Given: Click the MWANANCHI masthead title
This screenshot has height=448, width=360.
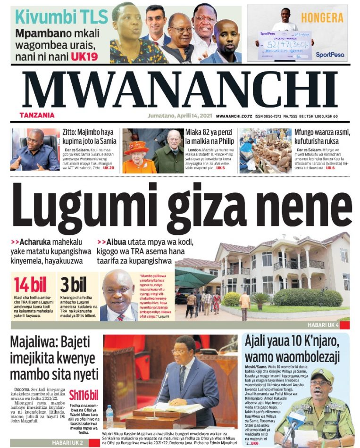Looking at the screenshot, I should (x=179, y=91).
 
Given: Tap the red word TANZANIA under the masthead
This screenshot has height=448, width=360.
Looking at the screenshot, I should (x=37, y=115).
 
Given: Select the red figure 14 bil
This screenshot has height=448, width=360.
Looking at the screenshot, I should (x=30, y=285).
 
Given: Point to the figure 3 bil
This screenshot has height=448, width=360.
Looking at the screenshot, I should (x=73, y=285).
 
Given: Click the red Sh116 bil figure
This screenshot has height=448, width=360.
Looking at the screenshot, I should (x=84, y=395).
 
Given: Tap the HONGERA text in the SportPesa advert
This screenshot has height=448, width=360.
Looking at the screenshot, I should (x=322, y=18).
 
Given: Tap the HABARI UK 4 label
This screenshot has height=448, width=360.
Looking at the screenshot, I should (x=323, y=325).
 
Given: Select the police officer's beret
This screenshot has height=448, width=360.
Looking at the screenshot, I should (x=322, y=376).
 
